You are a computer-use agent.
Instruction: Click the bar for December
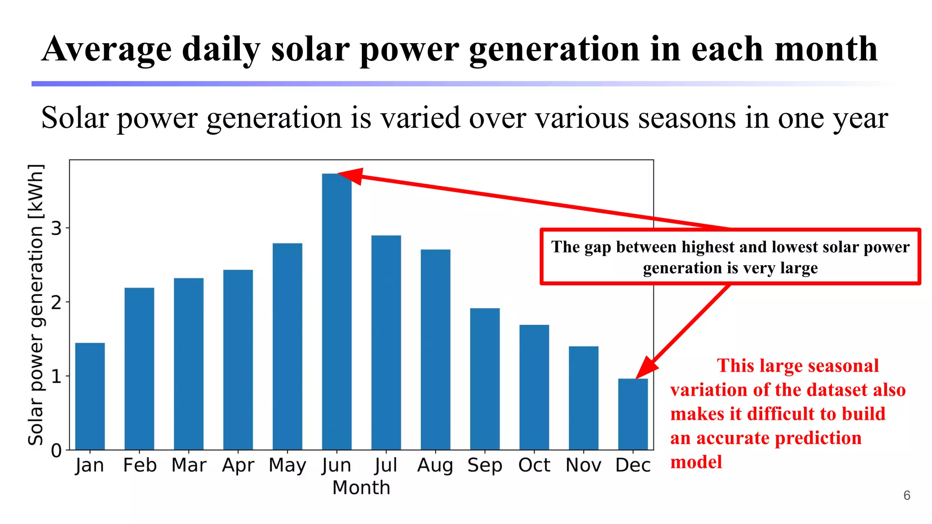[633, 414]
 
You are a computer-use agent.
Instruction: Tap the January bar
[90, 396]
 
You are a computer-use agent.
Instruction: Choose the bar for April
[238, 359]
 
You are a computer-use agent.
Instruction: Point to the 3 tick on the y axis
[56, 228]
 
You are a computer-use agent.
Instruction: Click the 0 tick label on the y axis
[56, 451]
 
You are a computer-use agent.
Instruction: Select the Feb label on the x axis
[140, 465]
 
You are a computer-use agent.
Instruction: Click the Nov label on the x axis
[583, 465]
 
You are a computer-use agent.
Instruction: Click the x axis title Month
[361, 488]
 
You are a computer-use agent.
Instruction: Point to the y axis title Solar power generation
[36, 305]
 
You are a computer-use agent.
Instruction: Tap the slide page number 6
[907, 495]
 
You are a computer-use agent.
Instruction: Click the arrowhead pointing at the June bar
[352, 176]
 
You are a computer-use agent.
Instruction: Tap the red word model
[696, 462]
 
